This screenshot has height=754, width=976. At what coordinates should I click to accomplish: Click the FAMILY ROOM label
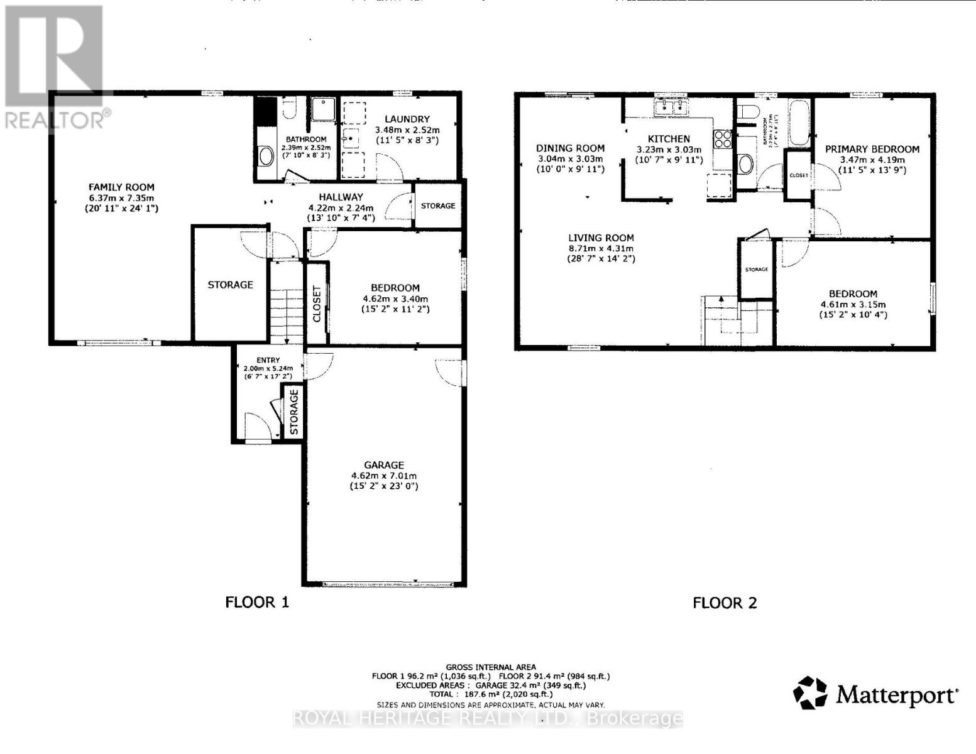[x=121, y=187]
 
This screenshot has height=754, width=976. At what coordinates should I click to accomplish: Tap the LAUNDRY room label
[x=407, y=119]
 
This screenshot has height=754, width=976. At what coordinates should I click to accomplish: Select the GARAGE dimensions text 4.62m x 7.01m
[x=383, y=476]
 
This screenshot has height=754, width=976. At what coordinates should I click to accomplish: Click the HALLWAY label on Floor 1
[x=340, y=197]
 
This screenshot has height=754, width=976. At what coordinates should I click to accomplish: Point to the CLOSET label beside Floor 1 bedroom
[x=317, y=303]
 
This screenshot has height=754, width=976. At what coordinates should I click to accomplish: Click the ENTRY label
[x=268, y=360]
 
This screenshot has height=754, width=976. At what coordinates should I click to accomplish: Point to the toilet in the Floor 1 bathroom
[x=290, y=108]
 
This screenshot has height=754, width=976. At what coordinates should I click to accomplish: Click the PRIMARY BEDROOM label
[x=872, y=149]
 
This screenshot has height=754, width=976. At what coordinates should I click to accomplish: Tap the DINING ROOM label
[x=570, y=148]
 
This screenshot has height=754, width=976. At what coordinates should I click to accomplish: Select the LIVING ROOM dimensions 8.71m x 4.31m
[x=601, y=248]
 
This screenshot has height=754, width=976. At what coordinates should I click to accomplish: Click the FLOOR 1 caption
[x=257, y=603]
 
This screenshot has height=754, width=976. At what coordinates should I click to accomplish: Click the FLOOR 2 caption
[x=725, y=603]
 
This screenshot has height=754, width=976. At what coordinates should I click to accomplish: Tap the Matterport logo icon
[x=810, y=693]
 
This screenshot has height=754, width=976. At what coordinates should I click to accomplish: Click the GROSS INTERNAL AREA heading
[x=491, y=667]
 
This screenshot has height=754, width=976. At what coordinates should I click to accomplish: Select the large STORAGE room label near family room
[x=230, y=285]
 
